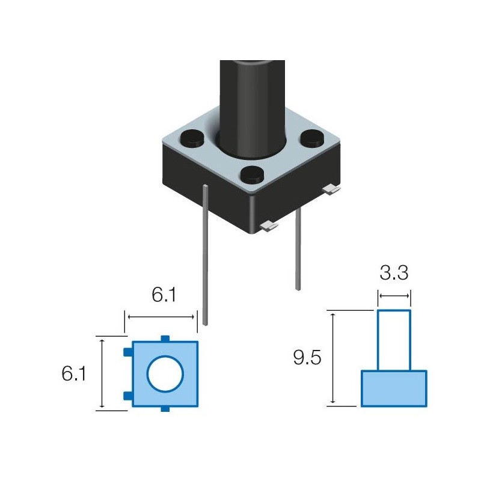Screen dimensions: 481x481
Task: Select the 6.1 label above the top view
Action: click(x=163, y=295)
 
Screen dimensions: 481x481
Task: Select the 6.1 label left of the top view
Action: click(x=73, y=374)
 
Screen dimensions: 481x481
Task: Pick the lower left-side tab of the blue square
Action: click(x=127, y=395)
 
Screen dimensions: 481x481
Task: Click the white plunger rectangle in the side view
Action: click(x=394, y=340)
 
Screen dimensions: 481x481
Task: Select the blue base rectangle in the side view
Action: click(x=394, y=388)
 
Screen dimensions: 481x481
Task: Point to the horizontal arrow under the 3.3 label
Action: click(x=394, y=295)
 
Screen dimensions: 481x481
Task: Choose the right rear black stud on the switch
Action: click(x=313, y=139)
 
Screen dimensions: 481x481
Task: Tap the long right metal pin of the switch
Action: click(x=298, y=250)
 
